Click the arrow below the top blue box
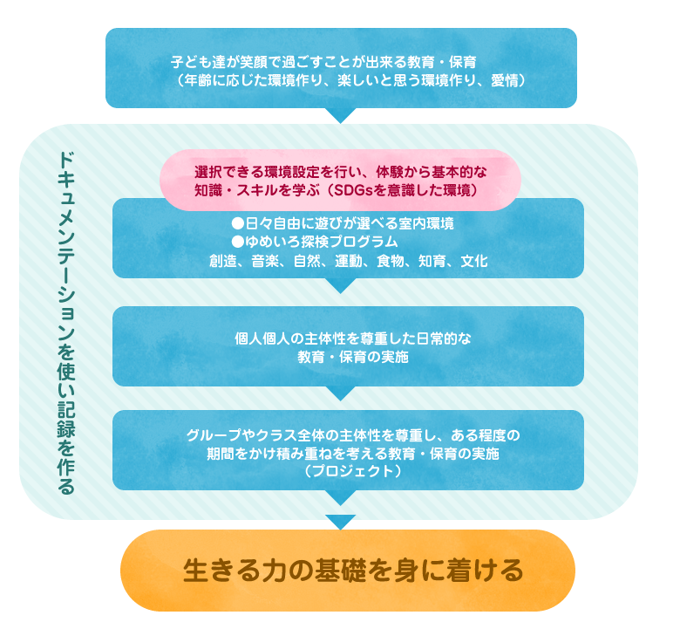pyautogui.click(x=341, y=115)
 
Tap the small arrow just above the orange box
pyautogui.click(x=341, y=523)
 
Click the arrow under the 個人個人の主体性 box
pyautogui.click(x=341, y=393)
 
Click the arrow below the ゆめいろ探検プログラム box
pyautogui.click(x=341, y=285)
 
